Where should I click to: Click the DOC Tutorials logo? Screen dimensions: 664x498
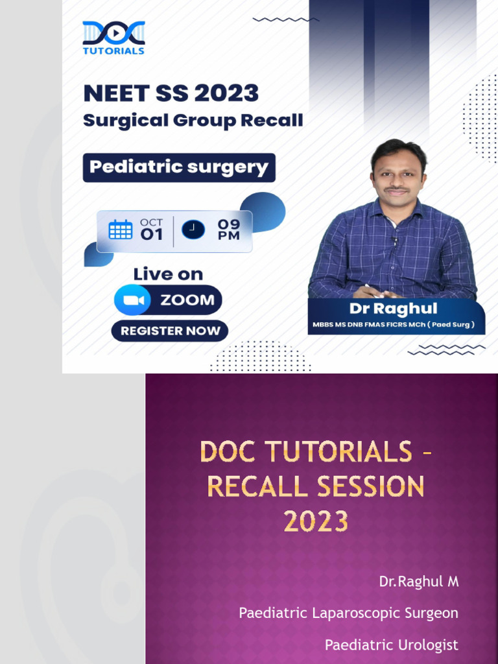pyautogui.click(x=113, y=38)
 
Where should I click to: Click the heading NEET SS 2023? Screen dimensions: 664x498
pyautogui.click(x=171, y=93)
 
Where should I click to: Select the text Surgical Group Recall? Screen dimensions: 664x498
pyautogui.click(x=193, y=121)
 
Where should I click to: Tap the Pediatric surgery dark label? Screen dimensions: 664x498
pyautogui.click(x=179, y=167)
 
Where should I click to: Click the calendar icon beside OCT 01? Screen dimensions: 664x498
pyautogui.click(x=121, y=230)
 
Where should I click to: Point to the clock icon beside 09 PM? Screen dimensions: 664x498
pyautogui.click(x=193, y=230)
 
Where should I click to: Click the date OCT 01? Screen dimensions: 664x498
pyautogui.click(x=152, y=230)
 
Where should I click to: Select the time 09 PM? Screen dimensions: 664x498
pyautogui.click(x=228, y=230)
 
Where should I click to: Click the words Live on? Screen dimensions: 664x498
pyautogui.click(x=168, y=274)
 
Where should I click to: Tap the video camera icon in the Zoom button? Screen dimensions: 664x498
pyautogui.click(x=133, y=300)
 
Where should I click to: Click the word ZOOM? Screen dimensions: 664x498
pyautogui.click(x=187, y=300)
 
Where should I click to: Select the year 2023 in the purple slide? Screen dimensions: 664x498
pyautogui.click(x=316, y=521)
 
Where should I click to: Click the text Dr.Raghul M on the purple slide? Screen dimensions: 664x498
pyautogui.click(x=419, y=582)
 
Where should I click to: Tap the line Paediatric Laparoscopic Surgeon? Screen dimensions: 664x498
pyautogui.click(x=348, y=613)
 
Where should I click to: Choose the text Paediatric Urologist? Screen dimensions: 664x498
pyautogui.click(x=391, y=645)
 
